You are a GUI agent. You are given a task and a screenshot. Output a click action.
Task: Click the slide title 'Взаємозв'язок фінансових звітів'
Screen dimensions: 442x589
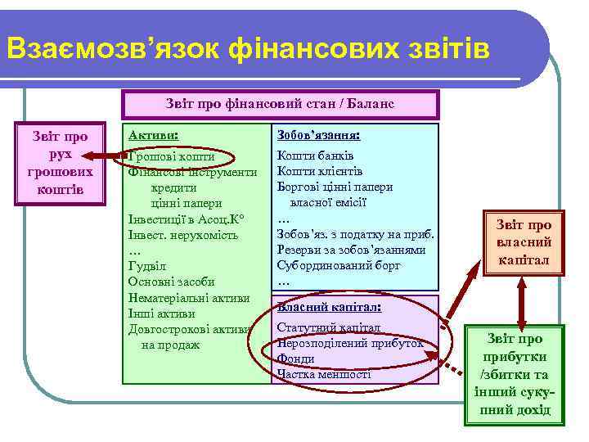(248, 49)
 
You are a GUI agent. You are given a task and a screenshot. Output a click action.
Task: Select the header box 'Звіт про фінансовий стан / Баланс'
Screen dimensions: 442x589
(280, 104)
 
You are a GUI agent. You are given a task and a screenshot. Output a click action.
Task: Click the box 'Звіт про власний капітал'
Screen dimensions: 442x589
(524, 243)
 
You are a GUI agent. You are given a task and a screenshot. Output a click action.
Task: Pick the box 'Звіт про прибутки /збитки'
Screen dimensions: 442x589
(514, 374)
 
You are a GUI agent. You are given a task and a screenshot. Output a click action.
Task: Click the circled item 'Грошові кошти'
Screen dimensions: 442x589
(173, 156)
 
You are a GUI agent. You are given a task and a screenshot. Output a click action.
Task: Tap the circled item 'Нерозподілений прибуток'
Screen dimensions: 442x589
(350, 344)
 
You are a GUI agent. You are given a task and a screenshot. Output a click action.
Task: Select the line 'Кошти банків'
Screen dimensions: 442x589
(315, 156)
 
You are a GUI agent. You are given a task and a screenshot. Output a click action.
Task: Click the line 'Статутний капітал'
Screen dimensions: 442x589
(328, 327)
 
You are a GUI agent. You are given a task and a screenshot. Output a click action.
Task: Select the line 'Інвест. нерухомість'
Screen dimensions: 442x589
(182, 235)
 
